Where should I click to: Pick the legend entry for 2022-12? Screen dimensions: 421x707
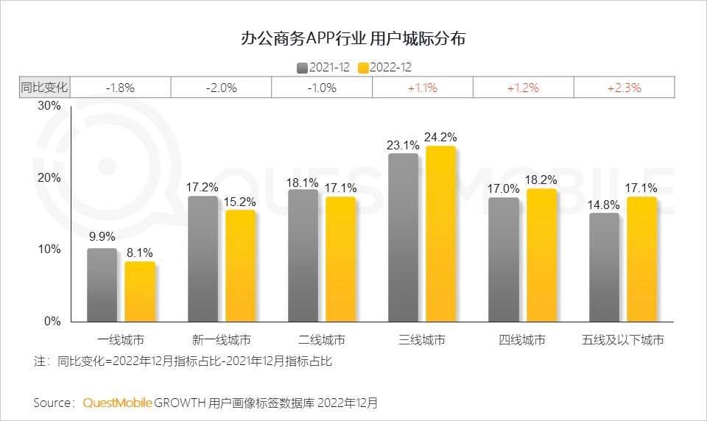click(x=384, y=67)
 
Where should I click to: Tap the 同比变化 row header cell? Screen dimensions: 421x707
click(x=44, y=88)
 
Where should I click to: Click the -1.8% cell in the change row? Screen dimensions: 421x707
click(x=120, y=88)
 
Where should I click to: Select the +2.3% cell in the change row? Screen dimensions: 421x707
click(x=624, y=88)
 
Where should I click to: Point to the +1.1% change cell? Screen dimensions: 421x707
click(x=422, y=88)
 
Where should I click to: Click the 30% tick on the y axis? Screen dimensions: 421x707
click(x=49, y=106)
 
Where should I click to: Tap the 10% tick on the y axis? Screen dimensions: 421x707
click(x=49, y=250)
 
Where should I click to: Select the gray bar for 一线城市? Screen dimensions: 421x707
click(x=102, y=285)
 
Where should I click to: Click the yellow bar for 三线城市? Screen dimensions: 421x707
click(x=440, y=234)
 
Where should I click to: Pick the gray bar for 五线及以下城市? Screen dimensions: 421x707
click(x=604, y=267)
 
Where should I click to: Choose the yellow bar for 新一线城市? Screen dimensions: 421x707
click(x=240, y=266)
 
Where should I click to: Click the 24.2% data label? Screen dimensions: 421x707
click(x=441, y=137)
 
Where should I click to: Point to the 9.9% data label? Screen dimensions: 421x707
click(x=102, y=237)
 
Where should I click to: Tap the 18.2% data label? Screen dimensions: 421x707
click(x=542, y=179)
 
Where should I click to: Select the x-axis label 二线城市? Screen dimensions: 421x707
click(x=322, y=340)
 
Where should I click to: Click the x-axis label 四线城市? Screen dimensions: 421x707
click(x=522, y=340)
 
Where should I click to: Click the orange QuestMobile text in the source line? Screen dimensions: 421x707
click(x=117, y=403)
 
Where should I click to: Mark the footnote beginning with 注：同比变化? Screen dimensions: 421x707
click(x=183, y=361)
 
